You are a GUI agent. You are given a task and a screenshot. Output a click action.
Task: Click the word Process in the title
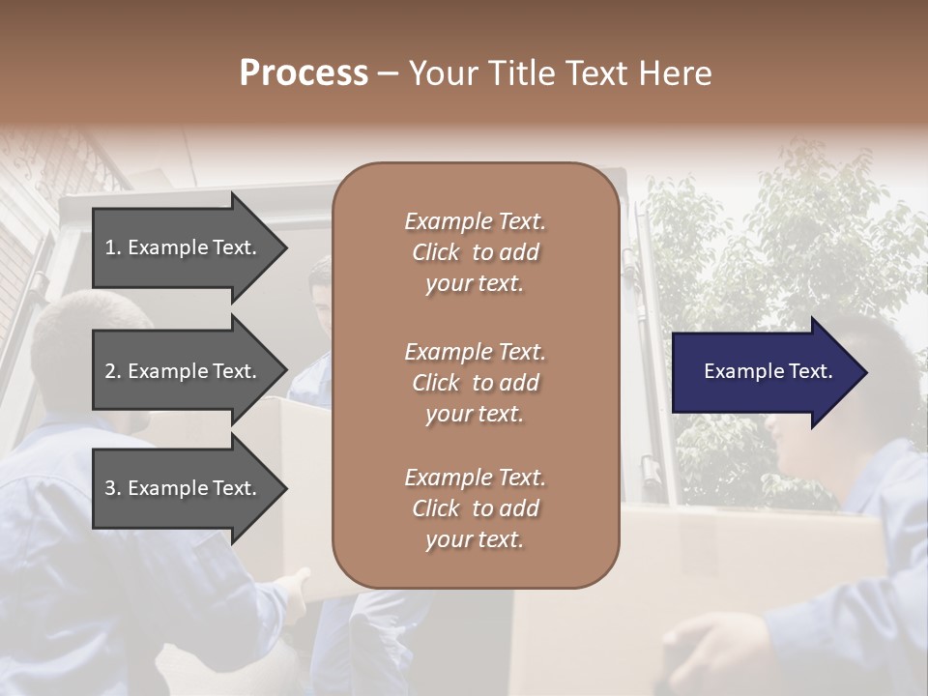[304, 73]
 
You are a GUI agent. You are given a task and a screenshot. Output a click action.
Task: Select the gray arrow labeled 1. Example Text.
[182, 247]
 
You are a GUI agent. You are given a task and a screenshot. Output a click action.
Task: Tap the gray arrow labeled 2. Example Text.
[182, 371]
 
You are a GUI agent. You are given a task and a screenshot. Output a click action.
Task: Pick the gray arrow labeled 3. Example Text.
[182, 488]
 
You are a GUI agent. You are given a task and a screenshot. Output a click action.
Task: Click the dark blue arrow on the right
[764, 372]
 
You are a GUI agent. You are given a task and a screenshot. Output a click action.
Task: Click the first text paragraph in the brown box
[475, 252]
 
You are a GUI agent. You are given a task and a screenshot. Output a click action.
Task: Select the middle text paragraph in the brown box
[475, 383]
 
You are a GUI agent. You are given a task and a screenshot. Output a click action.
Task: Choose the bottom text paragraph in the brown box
[475, 508]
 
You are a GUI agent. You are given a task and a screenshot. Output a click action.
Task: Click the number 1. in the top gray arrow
[112, 247]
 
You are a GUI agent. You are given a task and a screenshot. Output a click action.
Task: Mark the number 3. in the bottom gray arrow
[112, 488]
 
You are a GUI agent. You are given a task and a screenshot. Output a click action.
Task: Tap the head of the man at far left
[87, 338]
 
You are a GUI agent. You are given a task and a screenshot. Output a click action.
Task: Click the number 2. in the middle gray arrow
[112, 371]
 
